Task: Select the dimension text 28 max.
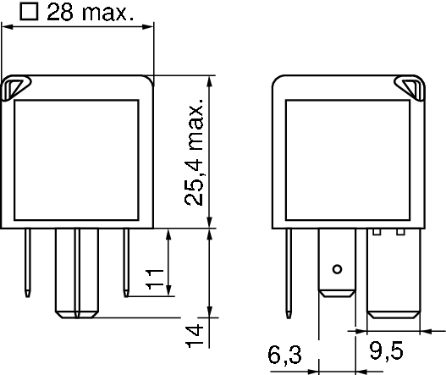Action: coord(91,13)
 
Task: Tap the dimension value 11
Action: coord(154,278)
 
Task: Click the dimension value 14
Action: coord(194,335)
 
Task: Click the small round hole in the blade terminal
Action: coord(337,269)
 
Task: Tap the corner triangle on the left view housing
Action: coord(16,85)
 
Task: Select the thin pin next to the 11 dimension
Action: coord(125,262)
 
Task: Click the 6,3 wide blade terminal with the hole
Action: coord(337,262)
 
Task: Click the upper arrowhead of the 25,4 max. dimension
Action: coord(208,81)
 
